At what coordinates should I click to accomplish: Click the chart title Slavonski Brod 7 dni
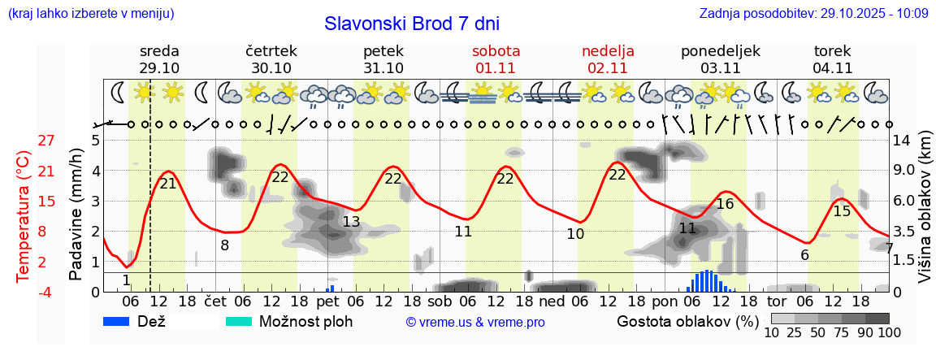[411, 24]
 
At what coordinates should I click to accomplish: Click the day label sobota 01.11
[496, 59]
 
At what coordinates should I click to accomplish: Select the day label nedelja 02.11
[608, 59]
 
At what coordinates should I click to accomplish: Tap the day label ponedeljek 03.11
[720, 59]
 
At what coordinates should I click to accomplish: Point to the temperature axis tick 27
[46, 141]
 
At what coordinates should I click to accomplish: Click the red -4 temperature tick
[46, 292]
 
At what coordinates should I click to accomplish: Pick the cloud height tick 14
[901, 141]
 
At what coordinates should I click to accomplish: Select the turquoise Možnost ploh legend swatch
[239, 321]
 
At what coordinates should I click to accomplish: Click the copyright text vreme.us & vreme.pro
[474, 322]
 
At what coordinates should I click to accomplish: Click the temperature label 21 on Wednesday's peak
[168, 184]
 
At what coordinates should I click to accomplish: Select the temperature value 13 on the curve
[350, 222]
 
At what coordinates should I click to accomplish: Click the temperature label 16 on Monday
[725, 204]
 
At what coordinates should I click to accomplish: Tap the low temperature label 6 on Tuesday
[804, 254]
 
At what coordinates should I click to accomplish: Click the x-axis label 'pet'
[327, 300]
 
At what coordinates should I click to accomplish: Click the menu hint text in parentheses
[90, 13]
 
